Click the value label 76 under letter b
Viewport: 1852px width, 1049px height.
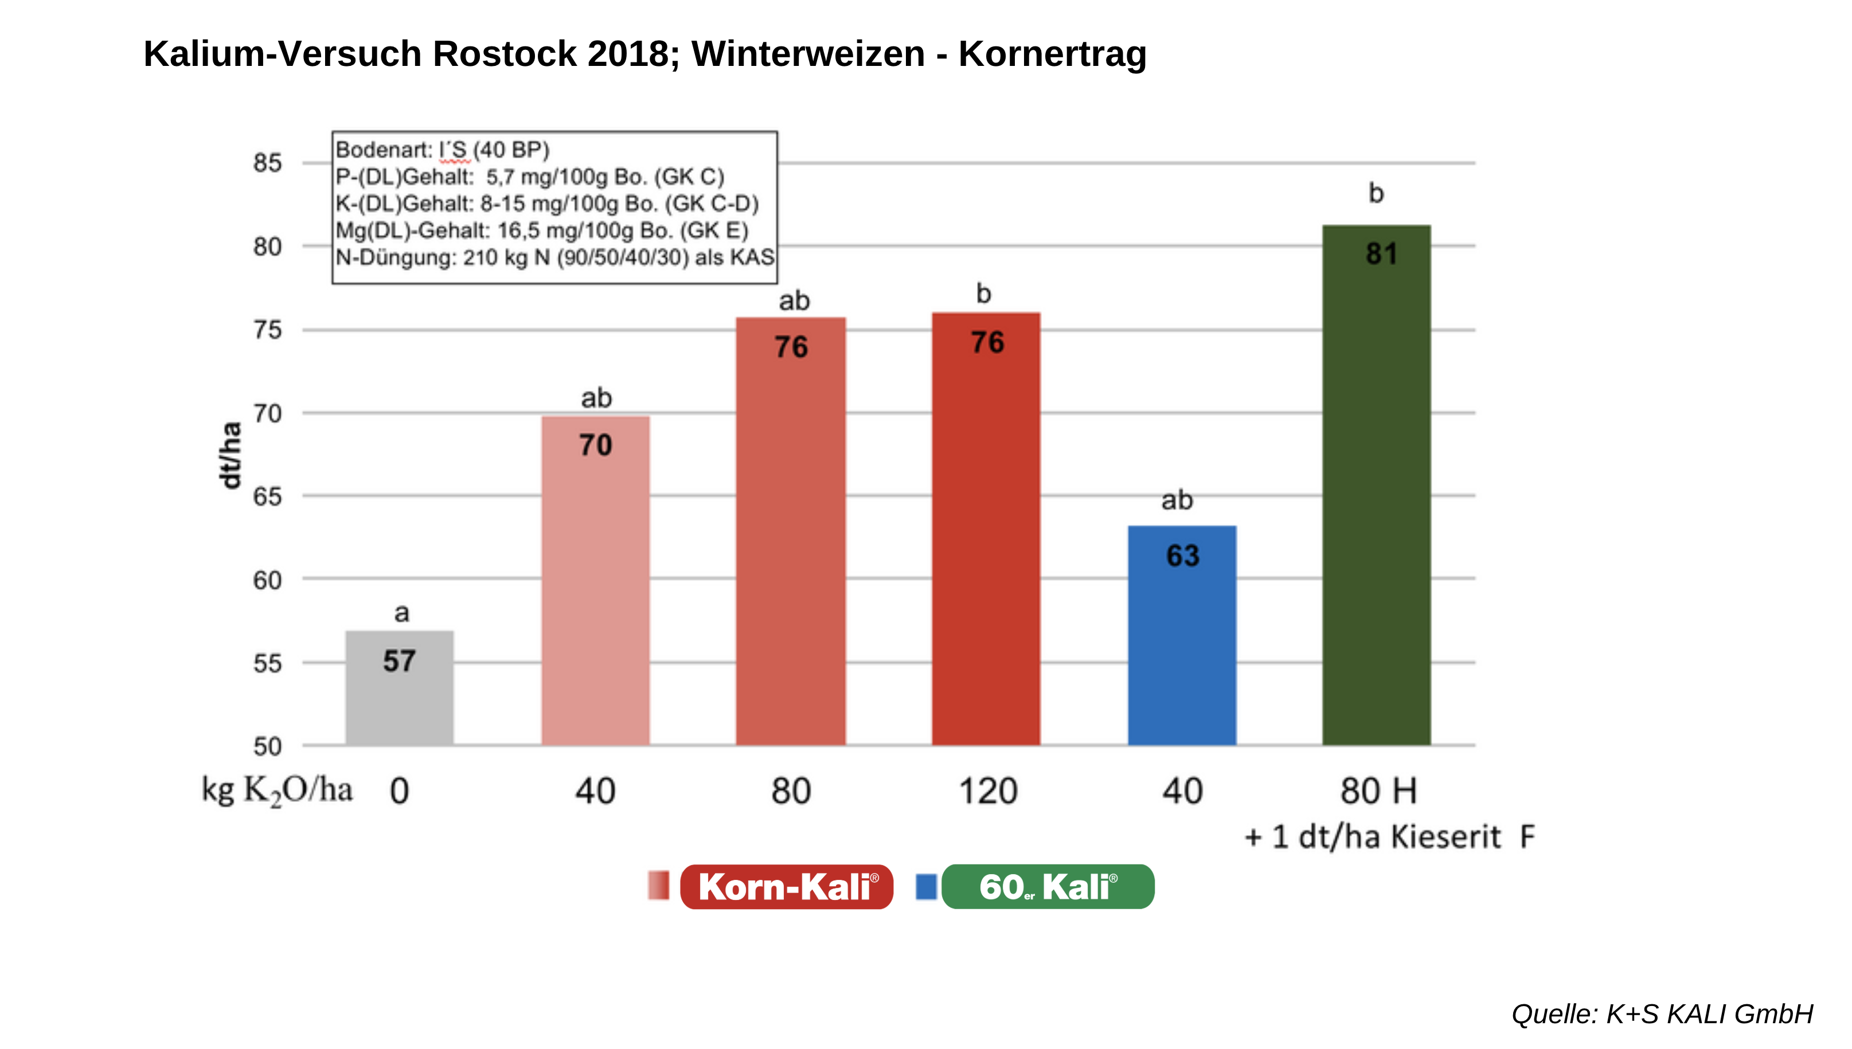[987, 342]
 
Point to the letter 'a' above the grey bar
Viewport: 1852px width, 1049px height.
[401, 613]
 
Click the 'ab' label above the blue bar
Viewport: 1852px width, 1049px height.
[1177, 500]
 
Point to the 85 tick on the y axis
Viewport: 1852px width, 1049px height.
[267, 163]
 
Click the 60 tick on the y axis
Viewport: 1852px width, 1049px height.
[267, 580]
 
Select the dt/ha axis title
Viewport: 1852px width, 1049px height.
[230, 455]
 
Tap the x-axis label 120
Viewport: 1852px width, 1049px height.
[988, 791]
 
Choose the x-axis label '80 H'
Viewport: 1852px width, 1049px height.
[1378, 791]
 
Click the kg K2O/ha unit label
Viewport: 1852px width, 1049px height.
[278, 790]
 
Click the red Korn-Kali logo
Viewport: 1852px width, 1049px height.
[786, 887]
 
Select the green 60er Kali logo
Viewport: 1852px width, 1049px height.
[1048, 887]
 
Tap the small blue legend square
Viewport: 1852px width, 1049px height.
[926, 887]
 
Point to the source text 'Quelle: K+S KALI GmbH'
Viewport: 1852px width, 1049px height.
[1662, 1013]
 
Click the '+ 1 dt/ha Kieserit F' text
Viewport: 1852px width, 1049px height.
[1389, 837]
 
